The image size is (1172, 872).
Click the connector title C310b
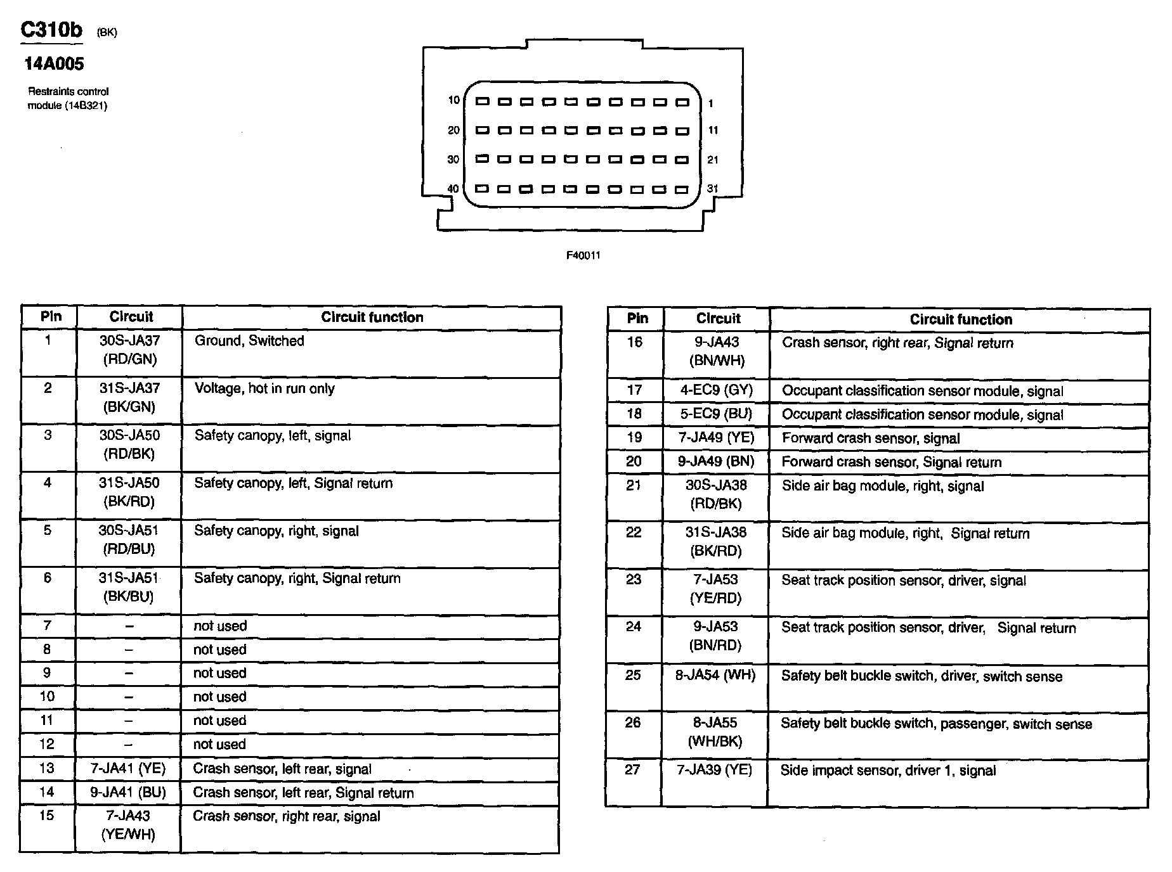click(51, 30)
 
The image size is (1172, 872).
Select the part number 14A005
click(54, 63)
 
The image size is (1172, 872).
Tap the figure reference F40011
click(583, 255)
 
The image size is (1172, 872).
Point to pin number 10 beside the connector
click(453, 100)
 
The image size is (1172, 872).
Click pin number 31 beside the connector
click(713, 188)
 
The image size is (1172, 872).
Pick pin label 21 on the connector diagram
click(713, 160)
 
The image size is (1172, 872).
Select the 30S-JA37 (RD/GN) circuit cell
click(129, 350)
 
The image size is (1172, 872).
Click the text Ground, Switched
click(249, 341)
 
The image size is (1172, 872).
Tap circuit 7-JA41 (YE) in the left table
click(128, 769)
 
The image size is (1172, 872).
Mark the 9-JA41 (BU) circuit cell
click(128, 792)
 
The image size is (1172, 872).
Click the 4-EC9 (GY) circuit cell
click(716, 390)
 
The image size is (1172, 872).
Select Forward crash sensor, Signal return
click(891, 462)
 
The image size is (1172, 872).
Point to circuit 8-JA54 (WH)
click(716, 676)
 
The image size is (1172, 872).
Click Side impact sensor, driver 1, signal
click(888, 771)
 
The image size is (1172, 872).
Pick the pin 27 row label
click(632, 770)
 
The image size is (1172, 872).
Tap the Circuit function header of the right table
click(960, 319)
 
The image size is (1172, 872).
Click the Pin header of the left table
click(51, 317)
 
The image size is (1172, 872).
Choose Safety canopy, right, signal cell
click(277, 531)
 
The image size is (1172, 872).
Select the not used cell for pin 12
click(219, 745)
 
